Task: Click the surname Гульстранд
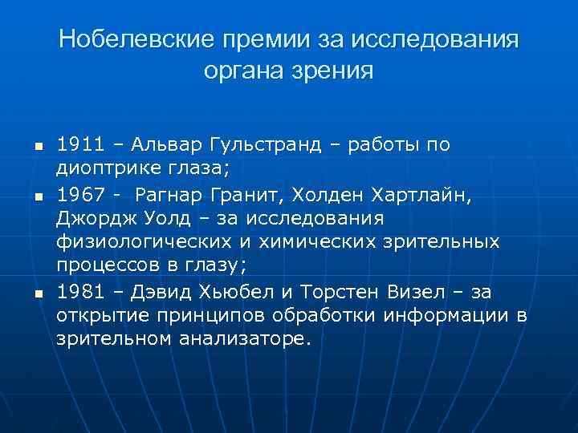click(x=261, y=144)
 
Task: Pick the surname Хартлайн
click(x=415, y=193)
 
